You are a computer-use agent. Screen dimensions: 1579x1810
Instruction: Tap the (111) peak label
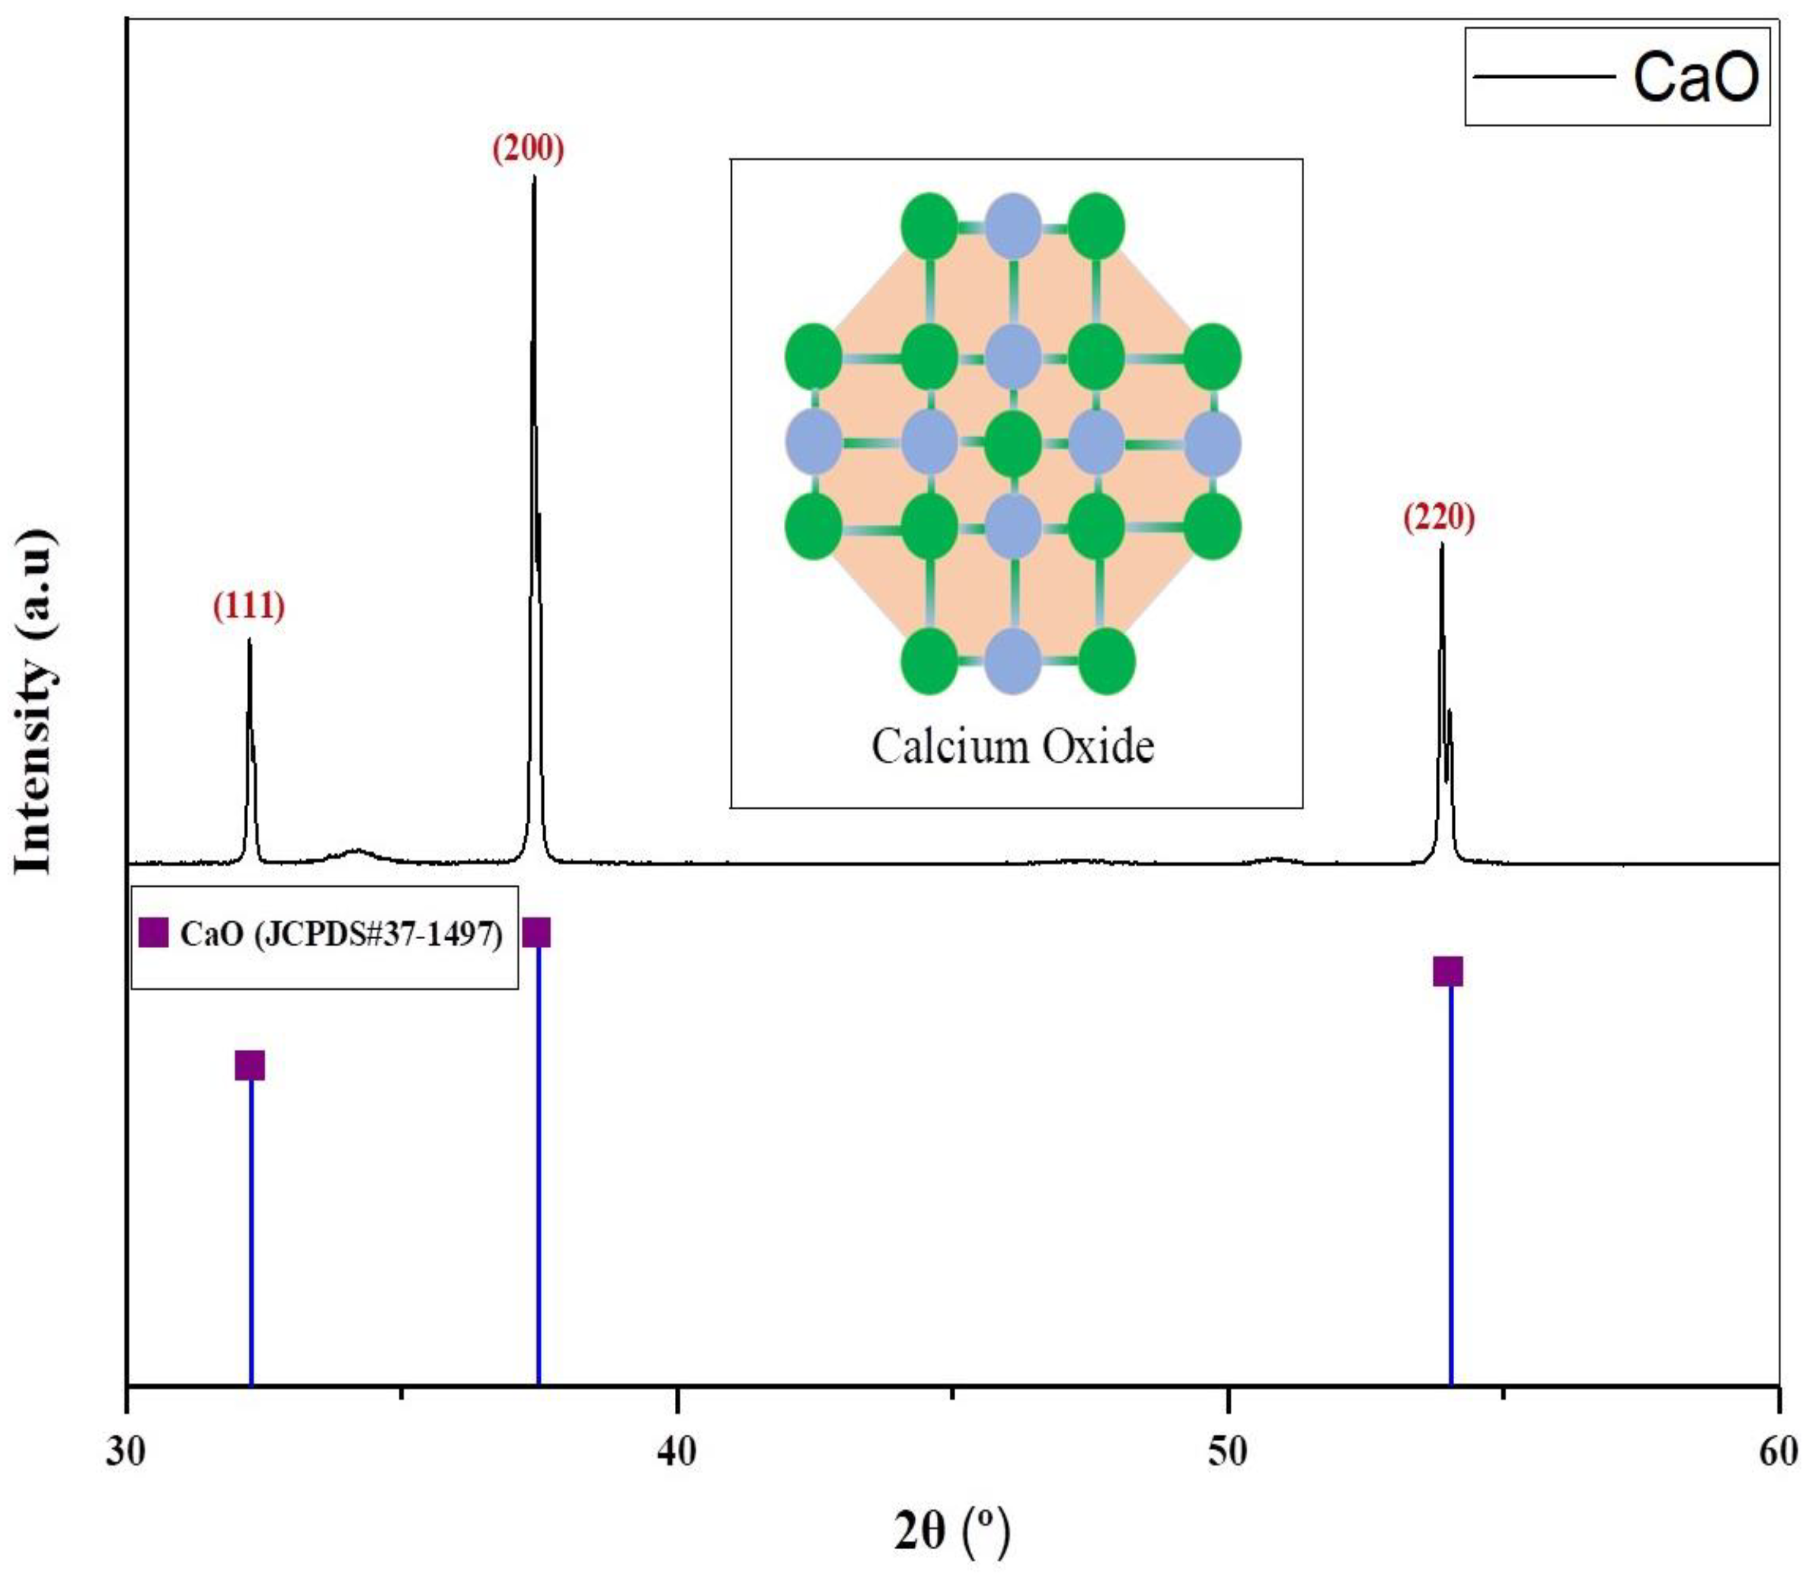click(249, 606)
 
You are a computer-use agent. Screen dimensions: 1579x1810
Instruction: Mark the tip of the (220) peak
click(1442, 544)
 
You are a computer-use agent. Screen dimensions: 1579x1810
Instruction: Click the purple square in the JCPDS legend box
click(153, 932)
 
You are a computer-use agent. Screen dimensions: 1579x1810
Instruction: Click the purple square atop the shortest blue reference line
click(250, 1064)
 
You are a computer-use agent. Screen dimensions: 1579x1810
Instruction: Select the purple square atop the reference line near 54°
click(1448, 971)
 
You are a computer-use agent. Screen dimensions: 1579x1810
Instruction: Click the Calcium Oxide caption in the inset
click(1012, 746)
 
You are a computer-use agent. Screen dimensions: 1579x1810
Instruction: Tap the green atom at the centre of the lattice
click(1012, 442)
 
